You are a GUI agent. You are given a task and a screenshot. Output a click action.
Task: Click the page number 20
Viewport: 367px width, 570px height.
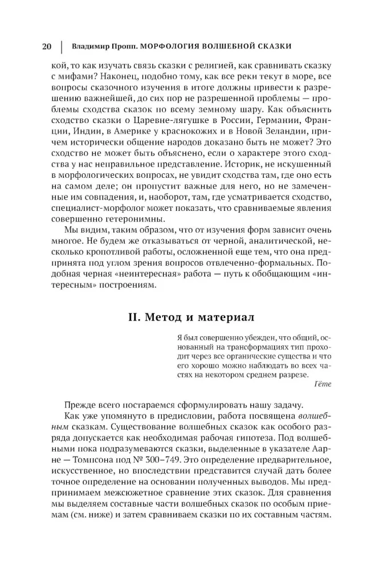[48, 46]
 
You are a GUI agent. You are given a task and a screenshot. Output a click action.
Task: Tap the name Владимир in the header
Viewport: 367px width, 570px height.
[93, 46]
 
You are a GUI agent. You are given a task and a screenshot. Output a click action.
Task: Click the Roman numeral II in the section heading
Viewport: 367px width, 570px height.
[136, 316]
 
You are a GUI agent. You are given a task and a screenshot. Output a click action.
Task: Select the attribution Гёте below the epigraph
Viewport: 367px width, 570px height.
[322, 384]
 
